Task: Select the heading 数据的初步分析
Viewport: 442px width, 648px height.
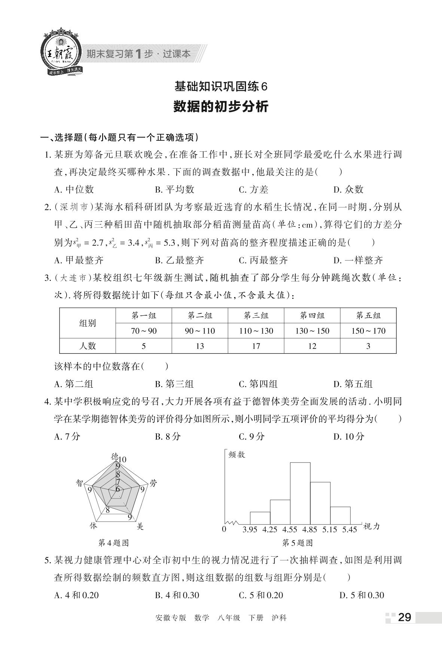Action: pos(221,107)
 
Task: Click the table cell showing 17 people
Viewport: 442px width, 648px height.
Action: pos(256,346)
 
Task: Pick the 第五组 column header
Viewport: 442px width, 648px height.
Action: pos(368,315)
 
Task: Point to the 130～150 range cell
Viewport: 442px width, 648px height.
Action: pos(312,331)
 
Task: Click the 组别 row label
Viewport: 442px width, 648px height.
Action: pos(88,323)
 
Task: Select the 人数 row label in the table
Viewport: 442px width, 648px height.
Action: pos(88,346)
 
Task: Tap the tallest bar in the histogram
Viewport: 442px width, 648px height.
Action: pos(300,493)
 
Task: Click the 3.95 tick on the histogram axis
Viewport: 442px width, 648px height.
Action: pos(250,530)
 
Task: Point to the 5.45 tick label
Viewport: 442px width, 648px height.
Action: pos(350,530)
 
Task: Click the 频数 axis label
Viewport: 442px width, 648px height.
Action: pos(237,455)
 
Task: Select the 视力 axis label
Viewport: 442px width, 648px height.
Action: pos(372,527)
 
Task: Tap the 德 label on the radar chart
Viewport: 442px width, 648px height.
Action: pos(115,456)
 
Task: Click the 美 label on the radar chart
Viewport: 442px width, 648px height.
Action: pos(140,527)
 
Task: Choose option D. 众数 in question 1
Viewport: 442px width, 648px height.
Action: pos(348,190)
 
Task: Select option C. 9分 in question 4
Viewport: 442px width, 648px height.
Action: pos(252,436)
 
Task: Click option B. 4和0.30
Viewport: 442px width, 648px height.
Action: pos(177,595)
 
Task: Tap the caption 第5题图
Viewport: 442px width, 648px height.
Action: pos(297,543)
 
